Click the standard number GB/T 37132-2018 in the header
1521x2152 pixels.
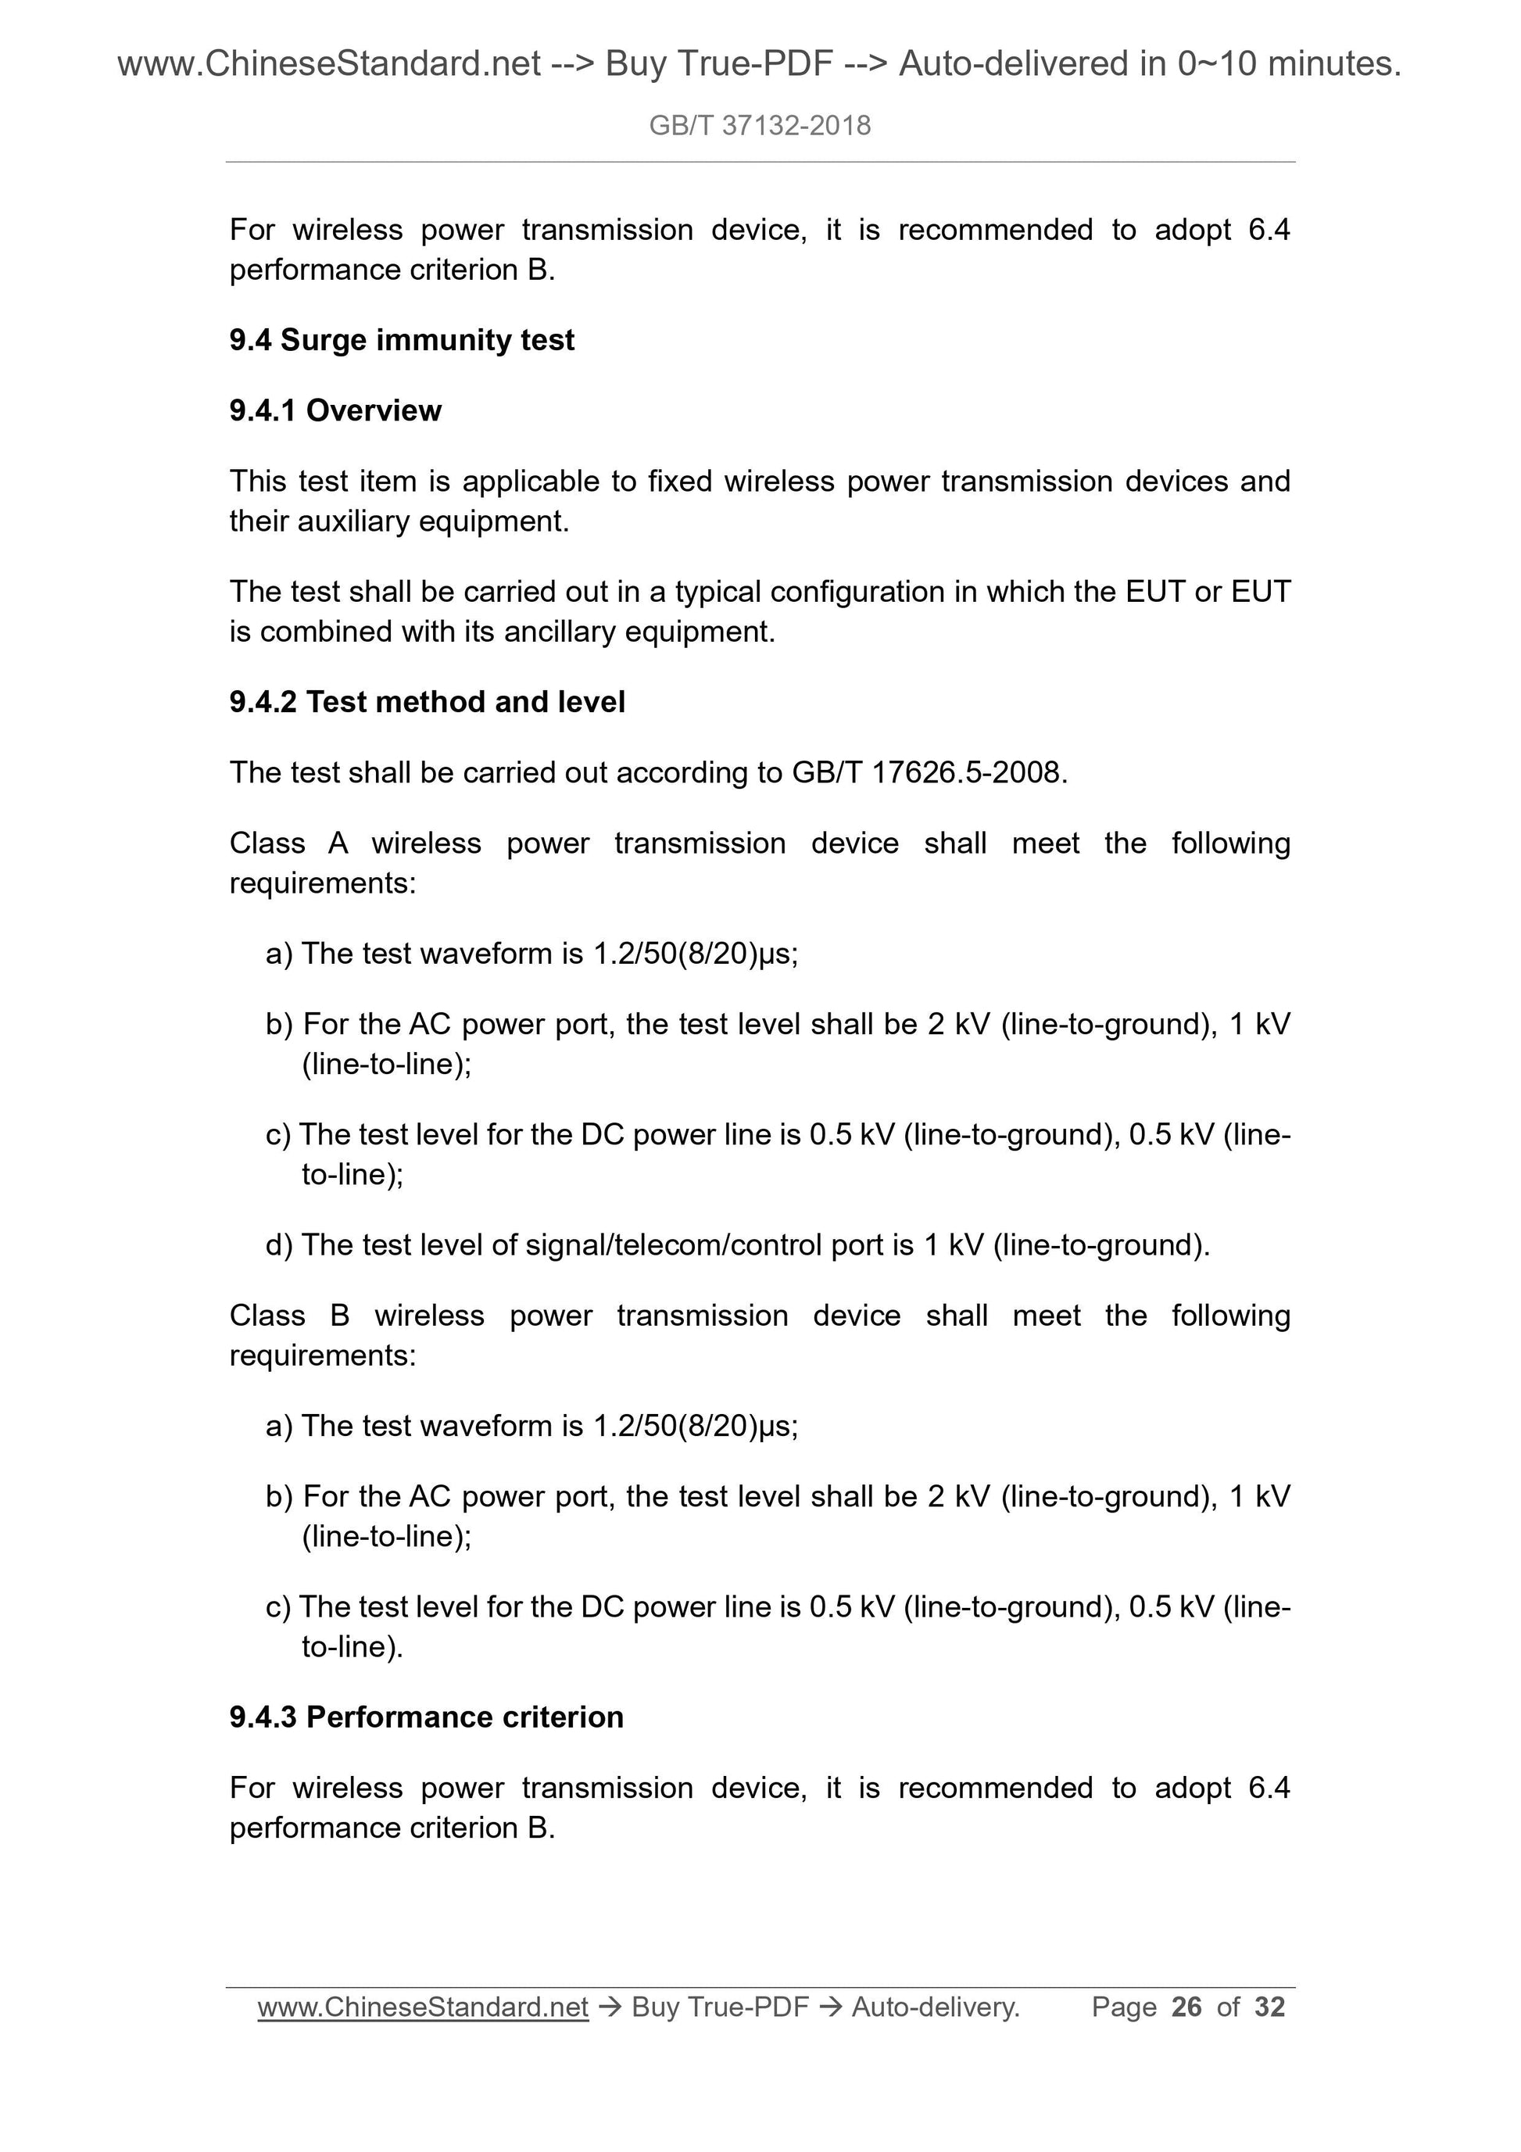759,126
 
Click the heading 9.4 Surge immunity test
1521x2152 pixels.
401,340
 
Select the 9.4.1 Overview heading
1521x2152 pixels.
335,410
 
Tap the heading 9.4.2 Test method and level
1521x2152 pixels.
427,702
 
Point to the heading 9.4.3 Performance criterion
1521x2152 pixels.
427,1717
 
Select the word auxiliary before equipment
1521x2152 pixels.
353,522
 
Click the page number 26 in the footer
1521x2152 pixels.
1186,2007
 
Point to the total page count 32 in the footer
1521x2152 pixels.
1270,2007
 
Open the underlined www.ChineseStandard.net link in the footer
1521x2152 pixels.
423,2007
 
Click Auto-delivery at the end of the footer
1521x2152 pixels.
936,2007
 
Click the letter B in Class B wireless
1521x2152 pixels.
339,1316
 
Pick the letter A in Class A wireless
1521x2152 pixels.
338,843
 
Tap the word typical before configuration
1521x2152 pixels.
717,593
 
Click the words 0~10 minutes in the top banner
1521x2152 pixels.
1289,64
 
